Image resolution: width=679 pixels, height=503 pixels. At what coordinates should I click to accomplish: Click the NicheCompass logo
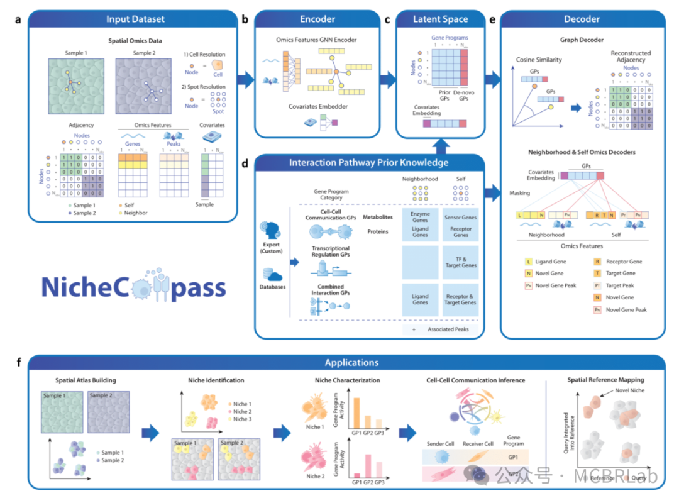click(133, 286)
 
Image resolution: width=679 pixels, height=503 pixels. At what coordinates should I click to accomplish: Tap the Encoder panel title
click(317, 19)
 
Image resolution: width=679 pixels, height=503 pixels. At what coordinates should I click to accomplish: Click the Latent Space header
click(440, 19)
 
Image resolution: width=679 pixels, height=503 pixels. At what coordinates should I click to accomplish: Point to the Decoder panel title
click(582, 19)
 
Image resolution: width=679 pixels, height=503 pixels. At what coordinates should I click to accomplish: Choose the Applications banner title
click(351, 363)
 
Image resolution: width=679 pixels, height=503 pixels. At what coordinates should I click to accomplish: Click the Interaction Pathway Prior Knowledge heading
click(368, 163)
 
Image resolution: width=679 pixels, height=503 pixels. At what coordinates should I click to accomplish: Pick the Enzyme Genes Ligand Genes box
click(420, 226)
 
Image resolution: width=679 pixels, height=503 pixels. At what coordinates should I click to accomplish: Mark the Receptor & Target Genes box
click(460, 299)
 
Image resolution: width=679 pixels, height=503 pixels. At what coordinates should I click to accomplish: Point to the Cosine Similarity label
click(539, 60)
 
